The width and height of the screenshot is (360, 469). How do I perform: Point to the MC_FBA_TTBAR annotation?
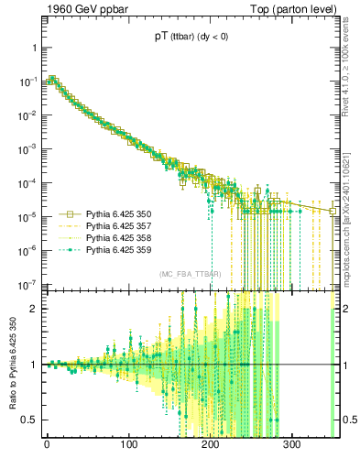click(x=190, y=274)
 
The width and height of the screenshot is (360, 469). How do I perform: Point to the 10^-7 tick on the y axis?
click(x=27, y=284)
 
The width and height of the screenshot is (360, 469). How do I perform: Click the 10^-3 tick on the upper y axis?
click(x=27, y=148)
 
